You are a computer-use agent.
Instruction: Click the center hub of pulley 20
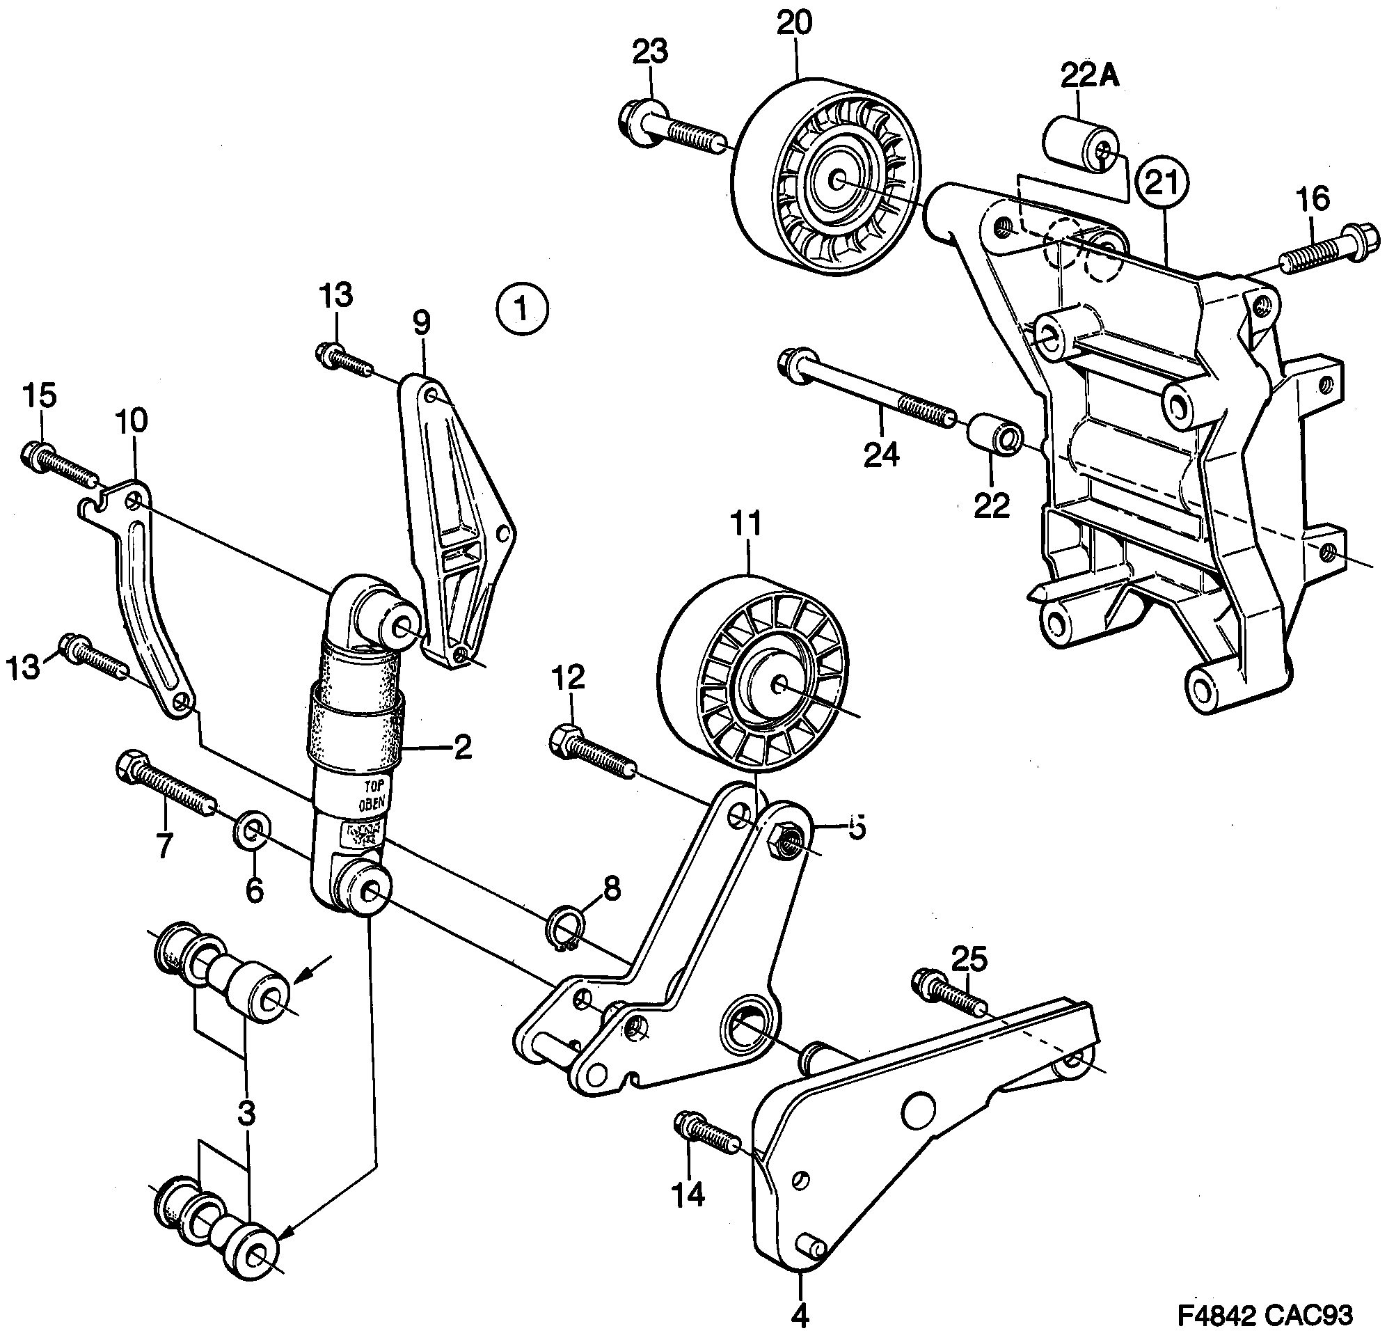(837, 180)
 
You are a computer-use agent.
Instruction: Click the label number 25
(969, 960)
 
